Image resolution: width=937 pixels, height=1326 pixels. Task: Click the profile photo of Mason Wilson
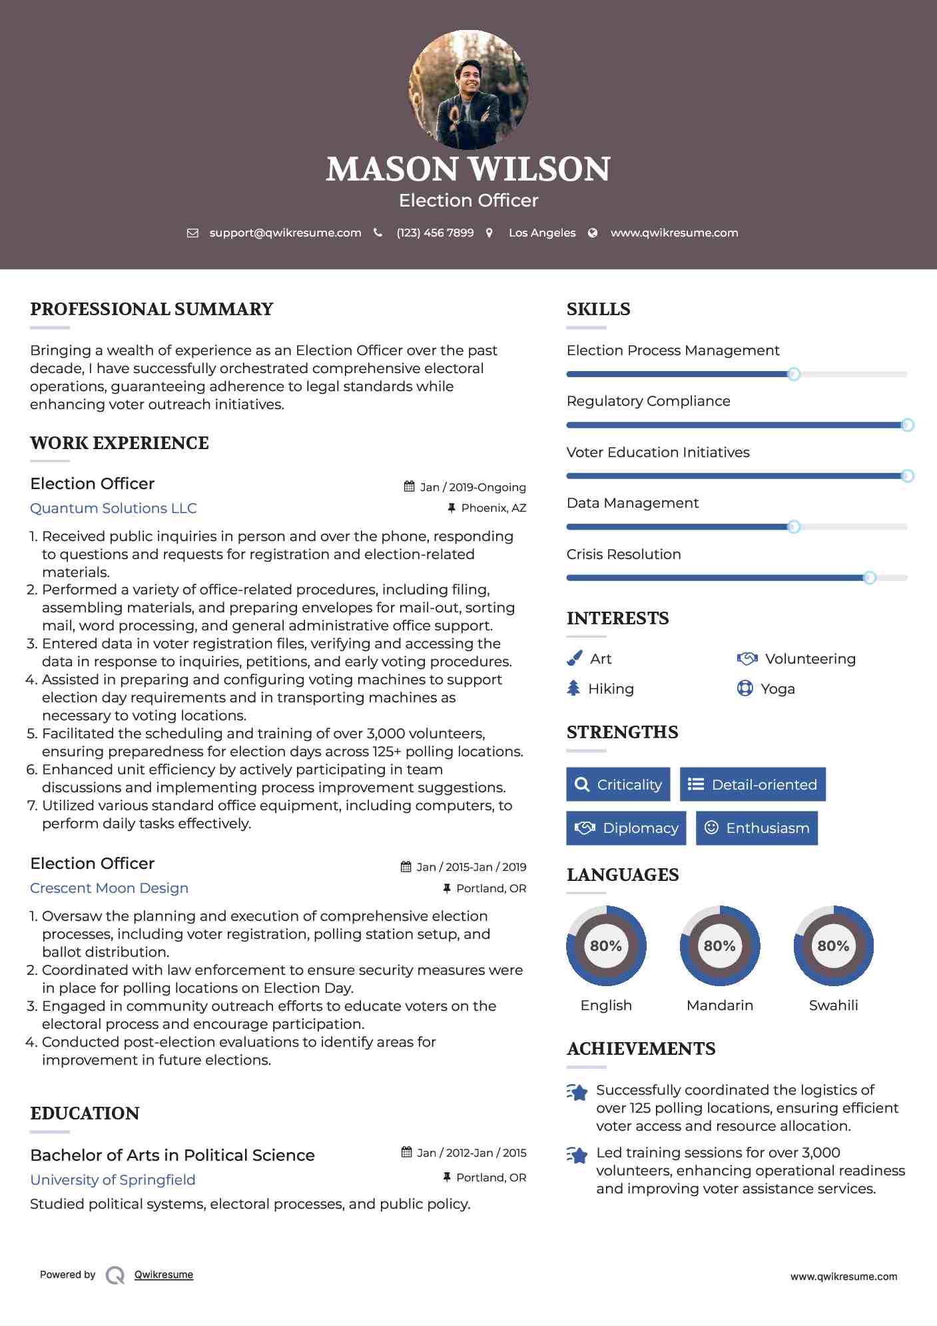[x=468, y=89]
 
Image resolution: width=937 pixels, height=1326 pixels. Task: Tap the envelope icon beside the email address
[x=192, y=233]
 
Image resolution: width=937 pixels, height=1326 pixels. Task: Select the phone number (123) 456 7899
[x=435, y=233]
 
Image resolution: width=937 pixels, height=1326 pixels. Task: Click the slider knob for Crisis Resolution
[x=869, y=578]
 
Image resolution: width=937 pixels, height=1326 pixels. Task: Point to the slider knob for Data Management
[x=793, y=527]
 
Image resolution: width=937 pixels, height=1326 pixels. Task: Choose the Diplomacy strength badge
[x=626, y=828]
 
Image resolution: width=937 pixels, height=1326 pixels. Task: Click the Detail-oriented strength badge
[x=753, y=785]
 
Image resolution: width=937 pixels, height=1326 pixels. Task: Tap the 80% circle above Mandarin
[x=719, y=946]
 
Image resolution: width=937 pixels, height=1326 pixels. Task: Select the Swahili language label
[x=833, y=1005]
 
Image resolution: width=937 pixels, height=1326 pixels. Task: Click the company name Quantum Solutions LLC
[x=113, y=508]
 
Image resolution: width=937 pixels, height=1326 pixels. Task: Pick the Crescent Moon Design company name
[x=109, y=888]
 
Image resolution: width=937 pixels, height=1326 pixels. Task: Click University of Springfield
[x=113, y=1180]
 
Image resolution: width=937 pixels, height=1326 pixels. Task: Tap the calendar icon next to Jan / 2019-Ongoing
[x=409, y=486]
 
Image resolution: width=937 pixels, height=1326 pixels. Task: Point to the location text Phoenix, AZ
[x=493, y=508]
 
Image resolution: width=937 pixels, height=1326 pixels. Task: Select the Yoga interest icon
[x=745, y=688]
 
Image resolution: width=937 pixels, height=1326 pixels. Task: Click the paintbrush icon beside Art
[x=574, y=658]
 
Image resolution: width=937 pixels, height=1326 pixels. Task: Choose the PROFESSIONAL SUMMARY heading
[x=151, y=309]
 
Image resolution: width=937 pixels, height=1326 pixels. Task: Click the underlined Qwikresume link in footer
[x=164, y=1275]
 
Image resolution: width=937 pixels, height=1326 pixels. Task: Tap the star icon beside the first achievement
[x=577, y=1092]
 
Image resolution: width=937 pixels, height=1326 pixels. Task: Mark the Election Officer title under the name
[x=468, y=201]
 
